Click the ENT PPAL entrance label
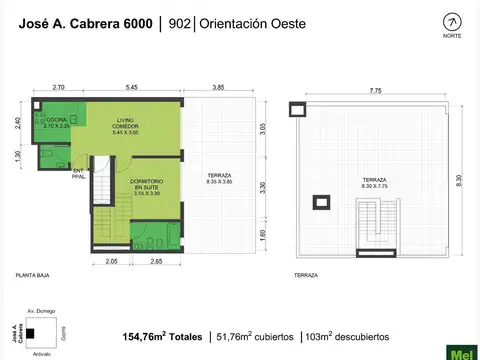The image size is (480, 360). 79,172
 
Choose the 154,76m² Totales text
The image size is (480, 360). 162,336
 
